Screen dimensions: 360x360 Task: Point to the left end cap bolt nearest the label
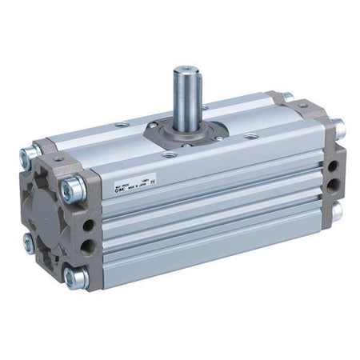point(74,189)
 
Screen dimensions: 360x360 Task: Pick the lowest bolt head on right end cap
point(337,211)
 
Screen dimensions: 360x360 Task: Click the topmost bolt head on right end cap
point(287,97)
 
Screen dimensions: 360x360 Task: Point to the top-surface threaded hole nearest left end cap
point(121,124)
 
